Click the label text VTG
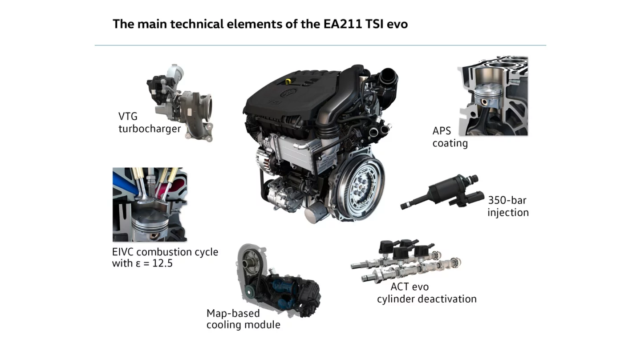pos(128,117)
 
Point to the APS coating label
pos(450,137)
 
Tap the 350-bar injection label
pos(508,206)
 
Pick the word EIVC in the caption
pos(123,252)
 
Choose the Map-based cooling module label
pos(243,319)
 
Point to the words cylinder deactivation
pos(426,299)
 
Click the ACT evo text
pos(410,287)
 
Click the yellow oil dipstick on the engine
pos(288,81)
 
